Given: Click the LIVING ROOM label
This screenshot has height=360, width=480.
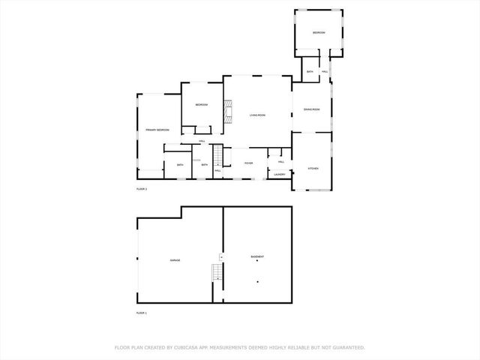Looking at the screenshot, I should point(257,115).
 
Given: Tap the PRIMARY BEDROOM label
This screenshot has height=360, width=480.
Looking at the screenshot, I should point(157,130).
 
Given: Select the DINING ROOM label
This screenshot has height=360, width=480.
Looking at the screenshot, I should point(311,110).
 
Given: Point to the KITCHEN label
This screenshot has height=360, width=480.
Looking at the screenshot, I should point(313,169).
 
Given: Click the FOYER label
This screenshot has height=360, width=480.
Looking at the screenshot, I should point(248,163).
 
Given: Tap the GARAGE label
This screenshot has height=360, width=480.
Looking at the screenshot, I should point(175,260).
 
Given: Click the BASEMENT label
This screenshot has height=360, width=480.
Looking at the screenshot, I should point(256,257).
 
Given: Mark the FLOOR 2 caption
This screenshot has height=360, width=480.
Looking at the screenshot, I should point(141,189).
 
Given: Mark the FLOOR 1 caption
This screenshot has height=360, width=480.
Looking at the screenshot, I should point(141,312).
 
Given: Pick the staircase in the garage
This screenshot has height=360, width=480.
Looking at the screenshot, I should point(218,272).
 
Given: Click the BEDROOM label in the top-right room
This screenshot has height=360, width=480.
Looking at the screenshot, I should point(319,33).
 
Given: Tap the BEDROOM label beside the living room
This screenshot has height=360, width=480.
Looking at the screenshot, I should point(201,105).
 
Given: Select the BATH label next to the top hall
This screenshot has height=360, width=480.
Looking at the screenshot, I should point(310,71).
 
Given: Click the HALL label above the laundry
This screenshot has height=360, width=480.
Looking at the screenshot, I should point(280,161).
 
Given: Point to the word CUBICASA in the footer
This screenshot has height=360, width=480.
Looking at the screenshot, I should point(187,347).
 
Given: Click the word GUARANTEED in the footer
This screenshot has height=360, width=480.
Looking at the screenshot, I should point(348,347).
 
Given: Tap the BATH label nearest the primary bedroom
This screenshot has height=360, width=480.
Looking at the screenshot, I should point(180,165).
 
